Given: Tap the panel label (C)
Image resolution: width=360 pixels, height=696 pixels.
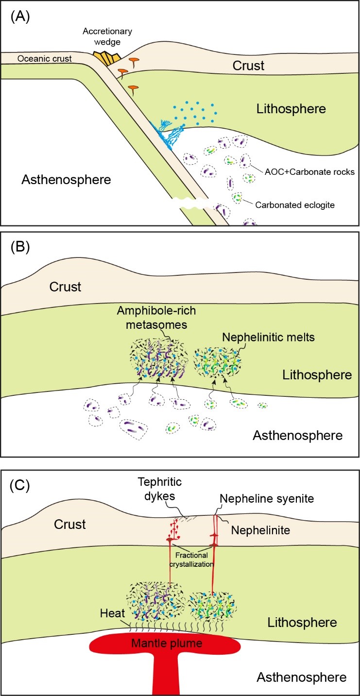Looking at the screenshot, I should (x=20, y=485).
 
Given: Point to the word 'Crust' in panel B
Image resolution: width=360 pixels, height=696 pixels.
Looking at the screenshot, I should (x=65, y=287).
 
